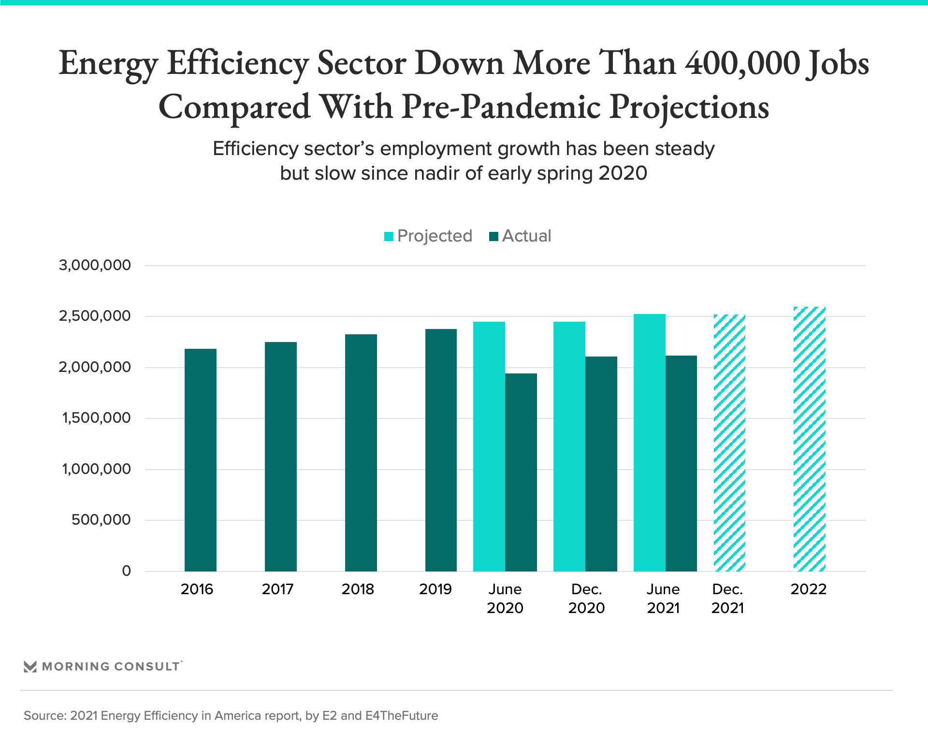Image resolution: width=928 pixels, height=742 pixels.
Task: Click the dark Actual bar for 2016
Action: (x=201, y=460)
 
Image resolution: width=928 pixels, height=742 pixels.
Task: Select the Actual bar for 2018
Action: (x=361, y=453)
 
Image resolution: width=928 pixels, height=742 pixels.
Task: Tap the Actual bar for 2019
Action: (x=441, y=450)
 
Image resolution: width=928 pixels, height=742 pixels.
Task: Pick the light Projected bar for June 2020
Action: (x=489, y=446)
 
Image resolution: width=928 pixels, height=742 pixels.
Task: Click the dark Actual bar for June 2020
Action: (x=521, y=472)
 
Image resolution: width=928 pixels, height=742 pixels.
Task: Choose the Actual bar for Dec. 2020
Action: (x=601, y=464)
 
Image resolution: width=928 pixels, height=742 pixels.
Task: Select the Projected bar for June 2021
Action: (x=650, y=442)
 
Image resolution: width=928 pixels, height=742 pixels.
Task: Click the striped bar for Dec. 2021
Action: (x=729, y=443)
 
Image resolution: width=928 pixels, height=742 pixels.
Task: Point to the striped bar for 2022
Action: (x=810, y=439)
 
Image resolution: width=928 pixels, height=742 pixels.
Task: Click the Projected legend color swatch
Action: (x=389, y=236)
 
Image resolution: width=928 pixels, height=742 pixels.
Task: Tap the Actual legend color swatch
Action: (x=493, y=236)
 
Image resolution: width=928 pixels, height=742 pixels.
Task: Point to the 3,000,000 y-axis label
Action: (x=95, y=265)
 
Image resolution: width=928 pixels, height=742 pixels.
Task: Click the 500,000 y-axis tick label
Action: (x=101, y=520)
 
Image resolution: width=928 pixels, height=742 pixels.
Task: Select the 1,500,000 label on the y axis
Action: (x=96, y=418)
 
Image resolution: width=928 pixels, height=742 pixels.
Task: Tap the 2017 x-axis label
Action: (x=278, y=589)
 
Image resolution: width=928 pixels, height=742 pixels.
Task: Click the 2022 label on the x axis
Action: (x=809, y=589)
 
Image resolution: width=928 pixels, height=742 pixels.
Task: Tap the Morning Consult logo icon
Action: (x=30, y=667)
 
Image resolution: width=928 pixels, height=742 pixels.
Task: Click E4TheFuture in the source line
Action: (x=402, y=715)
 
